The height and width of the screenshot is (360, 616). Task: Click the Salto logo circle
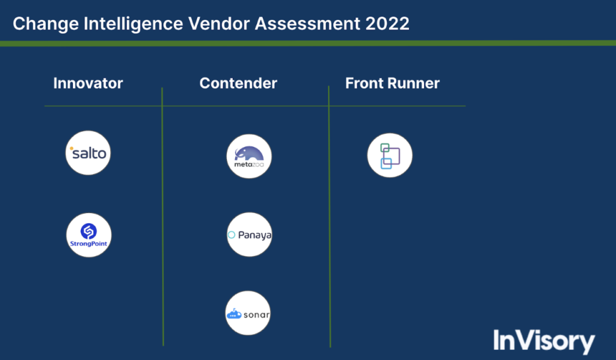(x=88, y=153)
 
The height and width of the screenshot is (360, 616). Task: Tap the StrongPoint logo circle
(x=88, y=235)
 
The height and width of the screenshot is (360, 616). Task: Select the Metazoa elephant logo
(x=249, y=157)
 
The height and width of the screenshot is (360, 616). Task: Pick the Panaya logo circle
(x=249, y=235)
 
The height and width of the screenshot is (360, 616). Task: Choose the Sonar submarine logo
(x=248, y=314)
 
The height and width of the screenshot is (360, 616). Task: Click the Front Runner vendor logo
(x=389, y=155)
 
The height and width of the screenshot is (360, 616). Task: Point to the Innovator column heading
(x=88, y=83)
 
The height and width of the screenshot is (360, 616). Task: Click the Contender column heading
(x=238, y=83)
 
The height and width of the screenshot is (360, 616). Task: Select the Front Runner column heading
(x=392, y=83)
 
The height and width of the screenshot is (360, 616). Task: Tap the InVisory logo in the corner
(x=544, y=341)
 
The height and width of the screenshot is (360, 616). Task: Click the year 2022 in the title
(x=389, y=23)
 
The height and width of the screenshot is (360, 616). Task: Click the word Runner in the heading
(x=415, y=83)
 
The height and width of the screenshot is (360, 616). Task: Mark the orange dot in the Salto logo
(x=72, y=148)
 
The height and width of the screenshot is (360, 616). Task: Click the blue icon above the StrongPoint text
(x=88, y=230)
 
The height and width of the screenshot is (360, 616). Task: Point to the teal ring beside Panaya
(x=232, y=235)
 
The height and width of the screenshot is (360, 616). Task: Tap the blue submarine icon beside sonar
(x=233, y=314)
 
